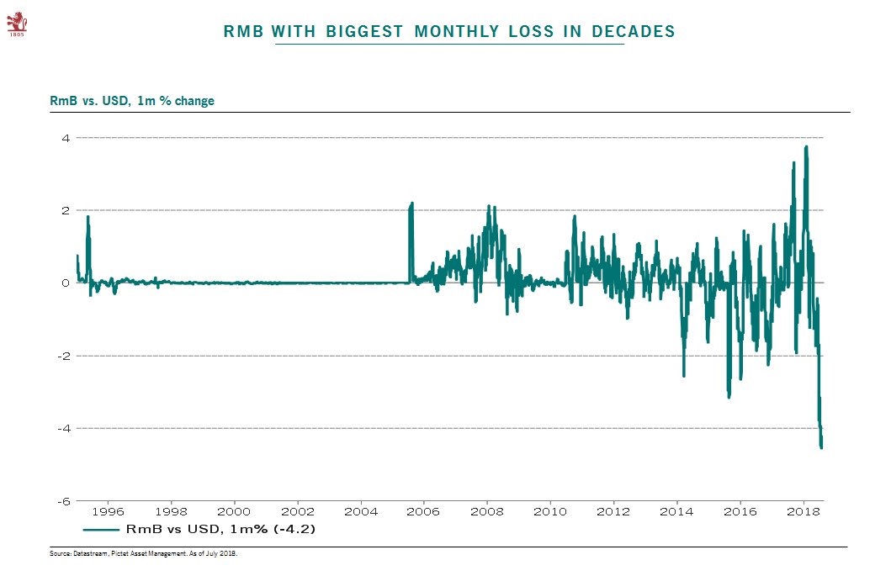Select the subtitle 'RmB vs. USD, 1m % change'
point(132,101)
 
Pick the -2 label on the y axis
point(64,356)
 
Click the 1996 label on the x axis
point(107,510)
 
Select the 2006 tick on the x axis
point(423,510)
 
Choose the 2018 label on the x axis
point(803,510)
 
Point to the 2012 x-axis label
point(613,510)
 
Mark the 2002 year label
point(297,510)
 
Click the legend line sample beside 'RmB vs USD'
point(100,530)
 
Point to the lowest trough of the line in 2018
point(821,447)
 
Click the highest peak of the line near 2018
point(806,147)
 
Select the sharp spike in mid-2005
point(411,203)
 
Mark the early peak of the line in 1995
point(88,217)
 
